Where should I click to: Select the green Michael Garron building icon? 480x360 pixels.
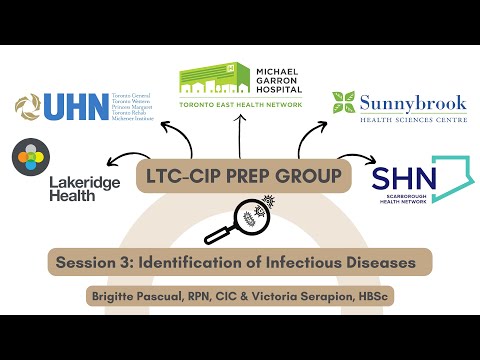(207, 80)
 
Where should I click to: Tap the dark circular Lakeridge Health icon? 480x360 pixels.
(29, 159)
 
